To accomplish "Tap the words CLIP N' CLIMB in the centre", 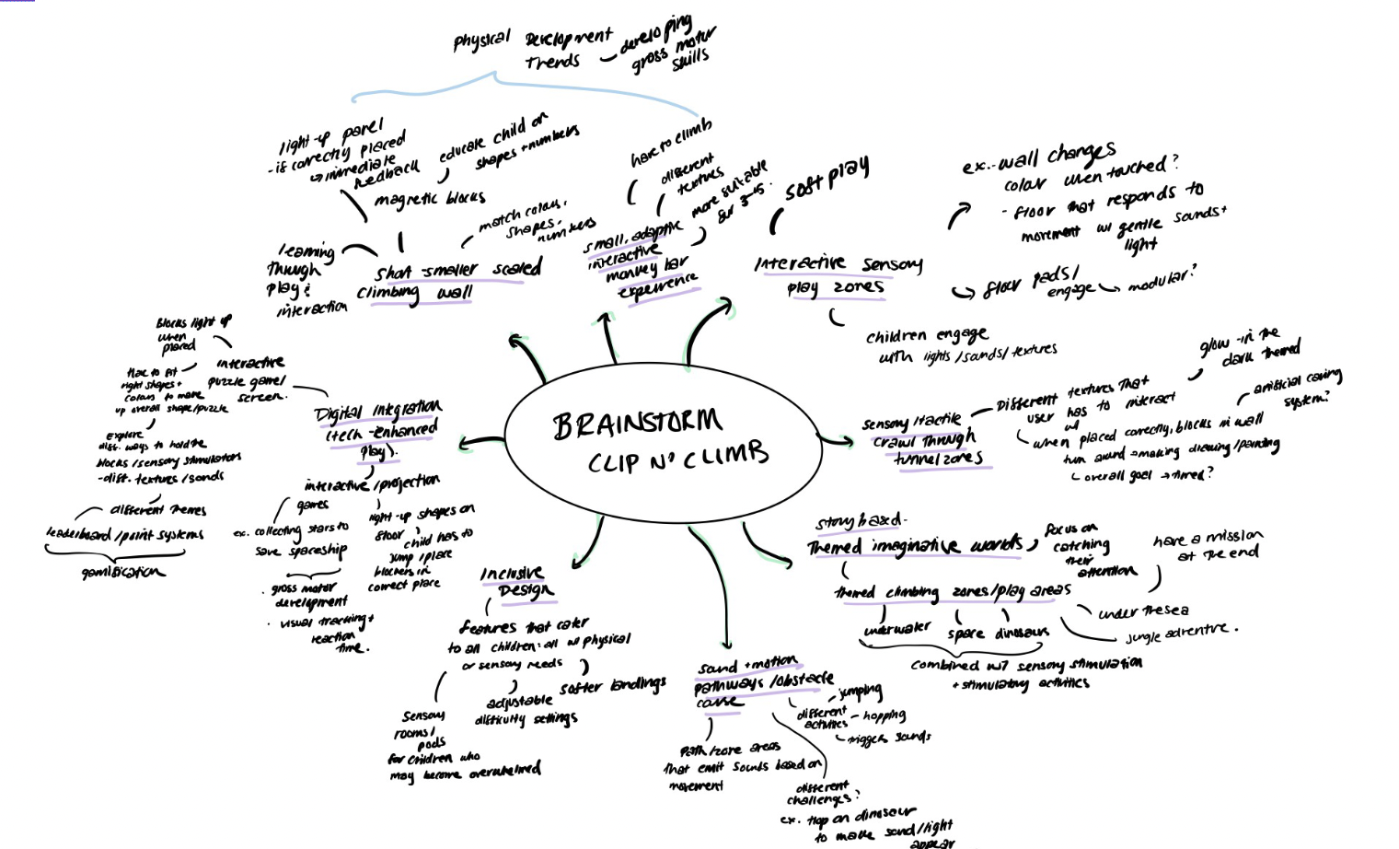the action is click(678, 456).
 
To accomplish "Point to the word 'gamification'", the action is click(123, 572).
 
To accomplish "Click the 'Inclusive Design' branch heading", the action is click(516, 582).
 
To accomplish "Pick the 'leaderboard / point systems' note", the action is click(125, 533).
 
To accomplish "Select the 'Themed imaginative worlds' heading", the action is click(916, 546).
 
